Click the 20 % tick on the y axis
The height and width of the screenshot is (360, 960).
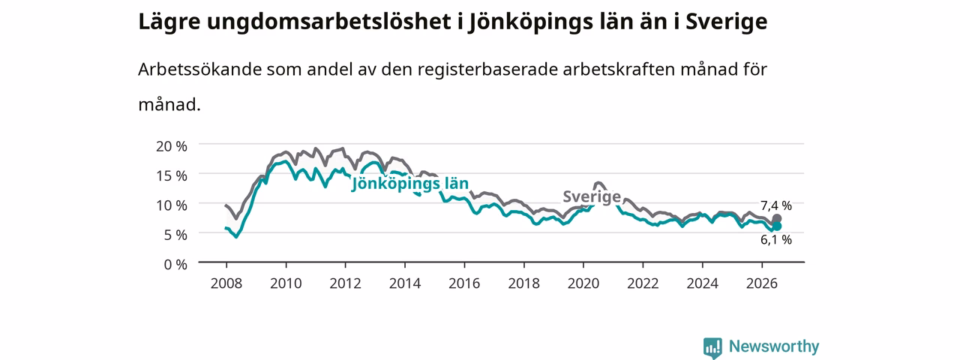tap(172, 146)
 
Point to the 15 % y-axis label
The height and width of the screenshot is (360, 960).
tap(172, 175)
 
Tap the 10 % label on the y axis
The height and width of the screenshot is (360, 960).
tap(172, 205)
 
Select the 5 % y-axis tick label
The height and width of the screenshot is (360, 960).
tap(175, 235)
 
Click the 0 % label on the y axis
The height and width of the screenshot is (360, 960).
tap(175, 265)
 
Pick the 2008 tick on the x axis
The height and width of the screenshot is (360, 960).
tap(226, 283)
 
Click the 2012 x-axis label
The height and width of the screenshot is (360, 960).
tap(346, 283)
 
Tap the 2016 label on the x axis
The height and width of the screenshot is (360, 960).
tap(464, 283)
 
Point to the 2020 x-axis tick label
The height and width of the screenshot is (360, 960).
tap(583, 283)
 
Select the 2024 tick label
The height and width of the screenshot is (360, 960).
tap(703, 283)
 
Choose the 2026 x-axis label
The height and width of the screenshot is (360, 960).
tap(762, 283)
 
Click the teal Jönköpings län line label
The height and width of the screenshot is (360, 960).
tap(409, 184)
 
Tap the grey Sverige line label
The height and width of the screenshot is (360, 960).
tap(592, 196)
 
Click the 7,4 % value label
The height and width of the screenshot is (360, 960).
tap(776, 205)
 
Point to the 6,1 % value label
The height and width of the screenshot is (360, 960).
tap(776, 239)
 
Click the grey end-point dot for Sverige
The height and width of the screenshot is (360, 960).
tap(776, 219)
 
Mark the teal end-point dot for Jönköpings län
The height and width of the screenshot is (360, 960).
tap(776, 226)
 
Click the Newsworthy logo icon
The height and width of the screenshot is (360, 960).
tap(712, 348)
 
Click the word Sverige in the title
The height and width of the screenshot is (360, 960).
tap(727, 22)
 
